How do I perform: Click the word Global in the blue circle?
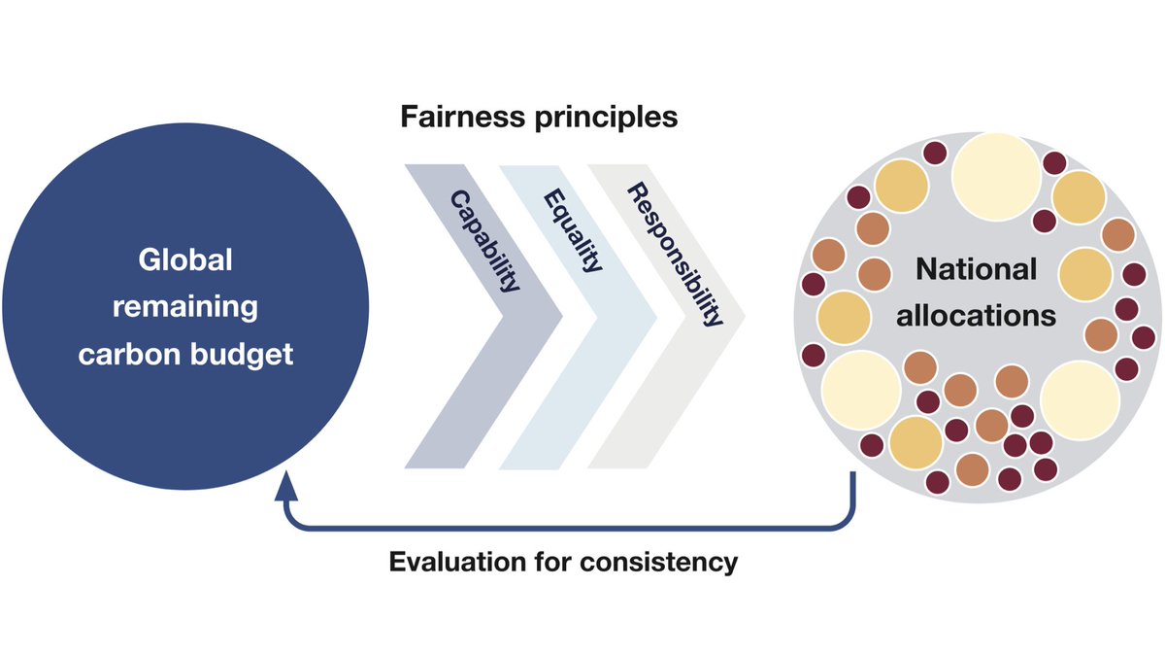coord(185,262)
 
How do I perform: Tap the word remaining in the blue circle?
coord(185,309)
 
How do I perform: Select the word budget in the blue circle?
coord(243,355)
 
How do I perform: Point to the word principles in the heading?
coord(611,119)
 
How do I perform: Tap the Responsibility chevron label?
coord(677,255)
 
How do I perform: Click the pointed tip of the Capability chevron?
coord(561,316)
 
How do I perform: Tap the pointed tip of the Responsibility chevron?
coord(745,316)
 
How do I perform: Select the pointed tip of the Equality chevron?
coord(653,316)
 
